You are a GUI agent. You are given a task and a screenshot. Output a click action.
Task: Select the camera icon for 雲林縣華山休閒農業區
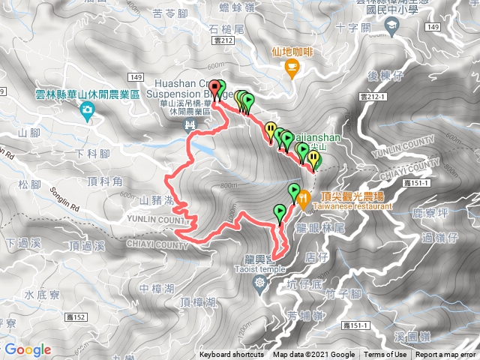coord(88,112)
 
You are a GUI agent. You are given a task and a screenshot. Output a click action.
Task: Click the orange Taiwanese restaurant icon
coord(304,199)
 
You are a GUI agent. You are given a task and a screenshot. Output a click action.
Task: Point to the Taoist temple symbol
coord(259,283)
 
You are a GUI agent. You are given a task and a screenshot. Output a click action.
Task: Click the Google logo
coord(28,349)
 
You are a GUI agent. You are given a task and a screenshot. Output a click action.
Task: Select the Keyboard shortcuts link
coord(232,355)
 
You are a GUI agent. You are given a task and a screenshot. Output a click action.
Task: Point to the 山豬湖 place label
coord(156,201)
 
